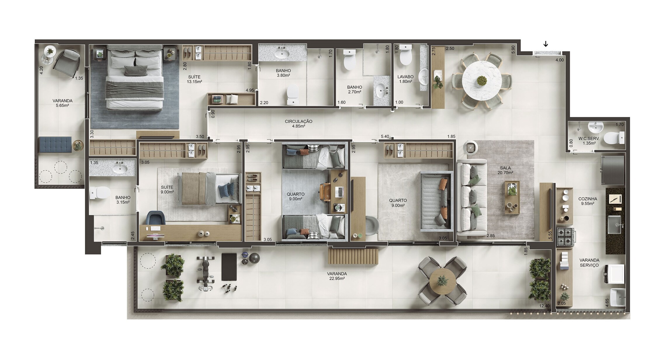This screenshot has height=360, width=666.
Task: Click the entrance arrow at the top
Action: pyautogui.click(x=545, y=44)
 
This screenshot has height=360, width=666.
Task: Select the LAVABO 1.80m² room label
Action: pyautogui.click(x=405, y=79)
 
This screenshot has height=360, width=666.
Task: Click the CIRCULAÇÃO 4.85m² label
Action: pyautogui.click(x=299, y=124)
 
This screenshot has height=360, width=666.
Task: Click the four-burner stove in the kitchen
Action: pyautogui.click(x=565, y=236)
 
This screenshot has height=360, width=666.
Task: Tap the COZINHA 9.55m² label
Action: pyautogui.click(x=587, y=201)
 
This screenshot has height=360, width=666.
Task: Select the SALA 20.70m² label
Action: pyautogui.click(x=505, y=170)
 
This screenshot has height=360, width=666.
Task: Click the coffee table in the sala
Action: pyautogui.click(x=513, y=197)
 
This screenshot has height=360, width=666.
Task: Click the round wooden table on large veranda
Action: pyautogui.click(x=443, y=281)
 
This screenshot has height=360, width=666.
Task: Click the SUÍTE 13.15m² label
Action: pyautogui.click(x=194, y=79)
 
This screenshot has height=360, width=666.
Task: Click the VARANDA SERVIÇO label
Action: pyautogui.click(x=589, y=262)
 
